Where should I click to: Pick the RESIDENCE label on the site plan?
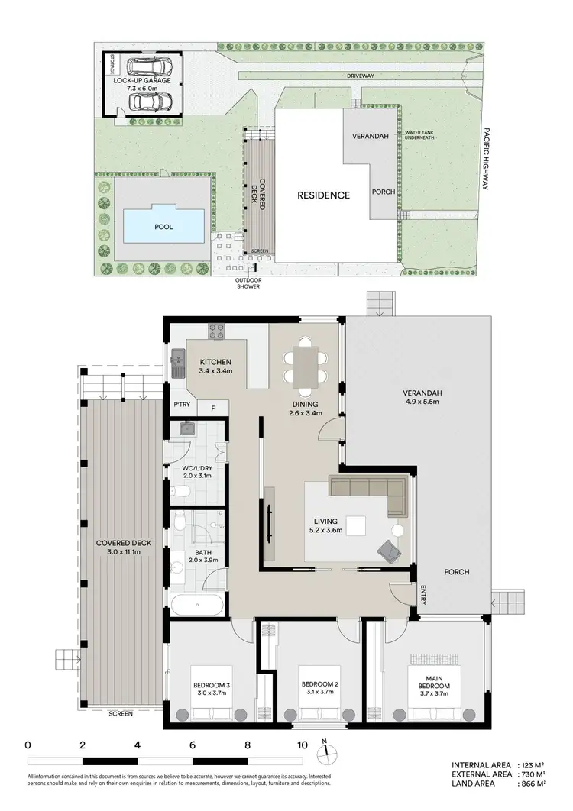323,195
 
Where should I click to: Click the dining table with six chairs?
305,365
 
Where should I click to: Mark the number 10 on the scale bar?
303,745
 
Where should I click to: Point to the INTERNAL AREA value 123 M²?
532,764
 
